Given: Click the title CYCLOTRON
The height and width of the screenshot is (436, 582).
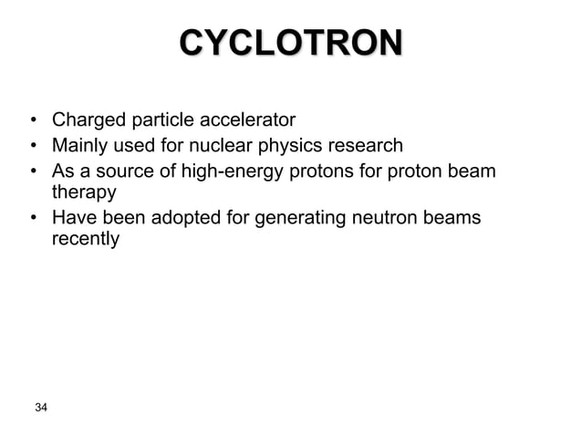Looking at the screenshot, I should pyautogui.click(x=290, y=42).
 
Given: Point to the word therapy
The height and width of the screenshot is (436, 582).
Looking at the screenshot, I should pyautogui.click(x=84, y=193).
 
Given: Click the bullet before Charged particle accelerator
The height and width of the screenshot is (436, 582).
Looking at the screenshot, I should pyautogui.click(x=32, y=120).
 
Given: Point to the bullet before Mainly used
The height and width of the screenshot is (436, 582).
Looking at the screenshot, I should pyautogui.click(x=32, y=145).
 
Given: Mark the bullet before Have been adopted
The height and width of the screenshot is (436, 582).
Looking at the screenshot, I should pyautogui.click(x=32, y=218).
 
